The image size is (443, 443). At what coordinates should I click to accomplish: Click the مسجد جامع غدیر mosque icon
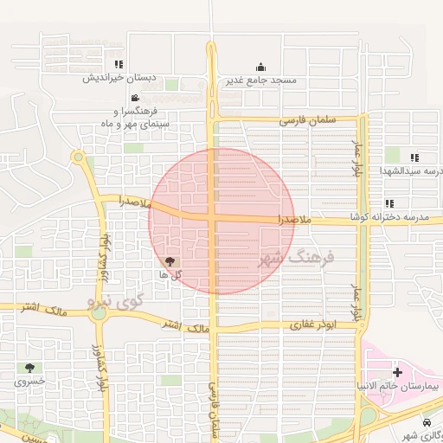tap(260, 67)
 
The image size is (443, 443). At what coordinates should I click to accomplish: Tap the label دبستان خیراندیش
tap(119, 78)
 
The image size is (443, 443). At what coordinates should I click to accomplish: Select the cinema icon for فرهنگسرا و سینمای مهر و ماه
tap(135, 98)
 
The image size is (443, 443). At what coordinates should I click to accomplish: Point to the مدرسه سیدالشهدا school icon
tap(414, 157)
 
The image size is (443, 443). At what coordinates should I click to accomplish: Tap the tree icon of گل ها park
tap(169, 260)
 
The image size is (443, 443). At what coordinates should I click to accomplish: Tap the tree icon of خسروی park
tap(30, 368)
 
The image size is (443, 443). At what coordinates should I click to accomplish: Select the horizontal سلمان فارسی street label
tap(306, 122)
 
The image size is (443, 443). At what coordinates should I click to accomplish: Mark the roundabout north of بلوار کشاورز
tap(78, 157)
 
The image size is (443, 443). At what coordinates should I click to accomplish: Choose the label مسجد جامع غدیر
tap(261, 80)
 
